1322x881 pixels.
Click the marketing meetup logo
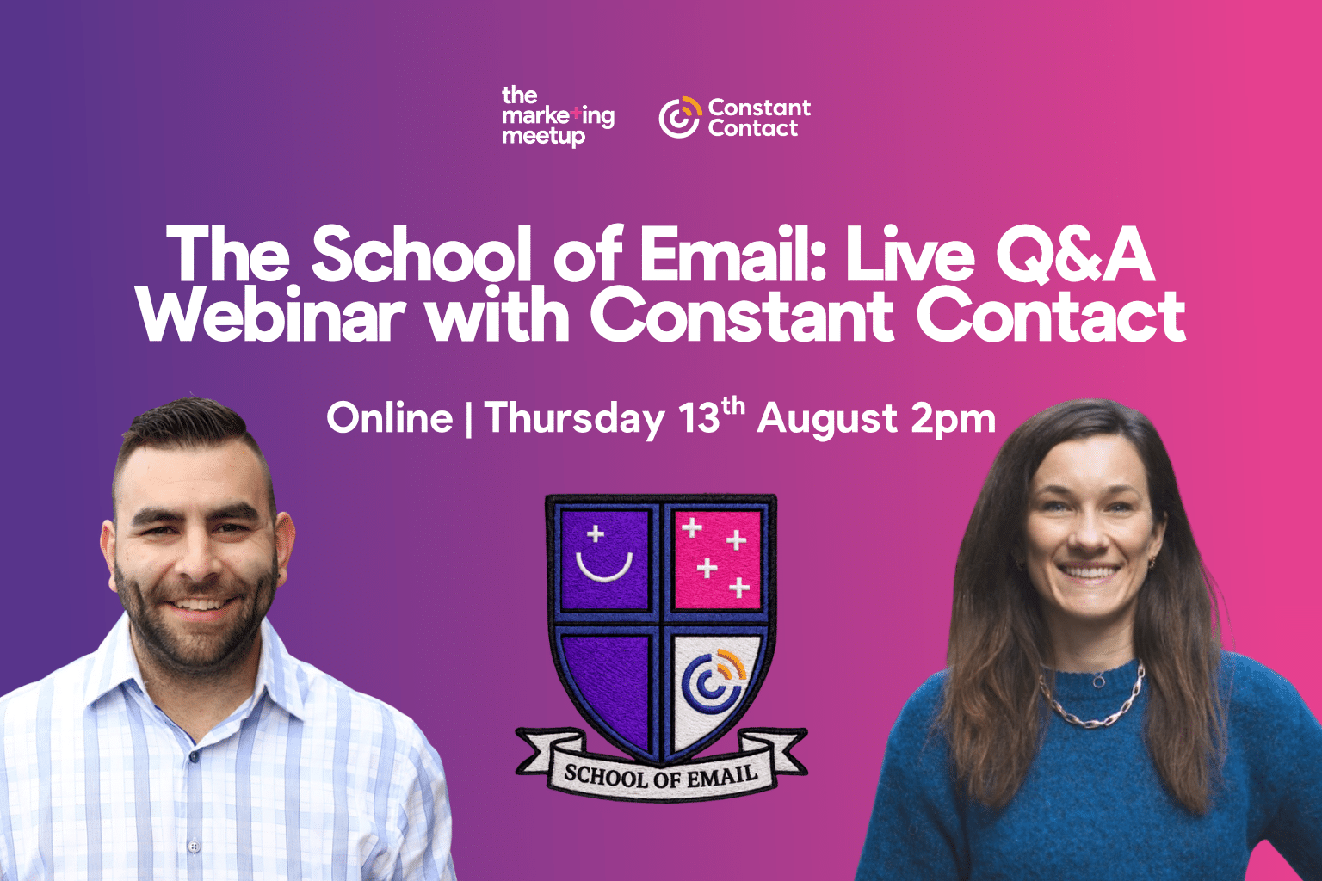coord(558,117)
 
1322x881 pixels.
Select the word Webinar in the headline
coord(271,315)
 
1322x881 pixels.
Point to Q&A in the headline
coord(1075,255)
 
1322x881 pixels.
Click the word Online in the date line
coord(390,418)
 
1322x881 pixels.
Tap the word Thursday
coord(574,419)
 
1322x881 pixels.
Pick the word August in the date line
coord(827,420)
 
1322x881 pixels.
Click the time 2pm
coord(953,420)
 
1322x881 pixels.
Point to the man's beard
coord(195,625)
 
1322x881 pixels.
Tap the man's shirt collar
coord(195,696)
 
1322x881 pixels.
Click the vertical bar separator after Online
coord(468,419)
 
